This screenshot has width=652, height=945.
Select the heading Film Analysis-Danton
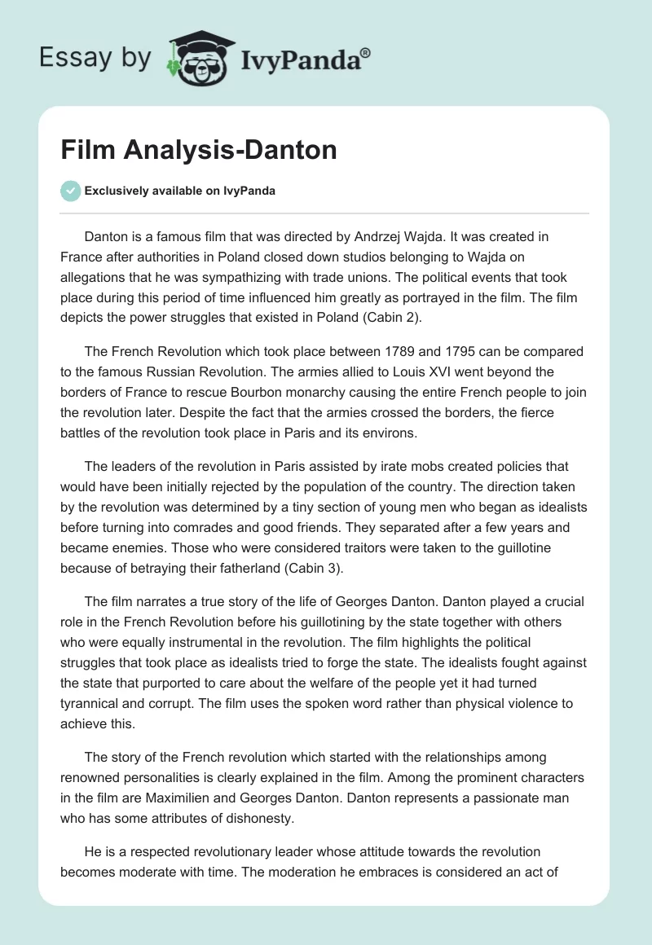(x=199, y=151)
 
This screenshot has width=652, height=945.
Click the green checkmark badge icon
(x=70, y=191)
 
